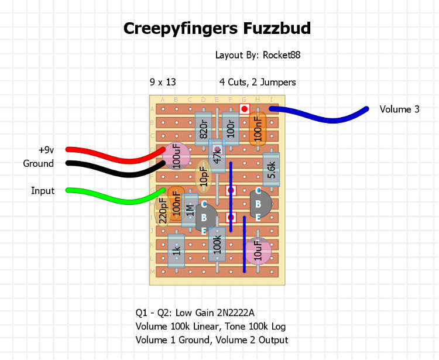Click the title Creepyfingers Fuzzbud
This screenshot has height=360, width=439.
[217, 28]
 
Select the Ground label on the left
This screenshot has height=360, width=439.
[39, 164]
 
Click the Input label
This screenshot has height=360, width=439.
[43, 191]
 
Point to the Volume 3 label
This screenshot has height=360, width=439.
[395, 109]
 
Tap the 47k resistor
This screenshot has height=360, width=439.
[217, 155]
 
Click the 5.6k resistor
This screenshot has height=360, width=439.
[271, 170]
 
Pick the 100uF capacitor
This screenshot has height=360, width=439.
[176, 156]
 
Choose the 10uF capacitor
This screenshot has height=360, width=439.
[258, 251]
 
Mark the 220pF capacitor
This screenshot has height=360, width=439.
[163, 209]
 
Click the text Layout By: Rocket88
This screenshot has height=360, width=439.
[258, 56]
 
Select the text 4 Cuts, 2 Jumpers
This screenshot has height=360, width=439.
[258, 83]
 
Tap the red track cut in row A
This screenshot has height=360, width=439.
[245, 109]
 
